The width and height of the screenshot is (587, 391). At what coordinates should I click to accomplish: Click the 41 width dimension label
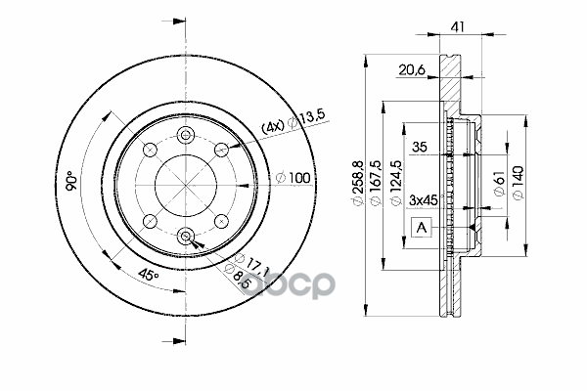pos(458,26)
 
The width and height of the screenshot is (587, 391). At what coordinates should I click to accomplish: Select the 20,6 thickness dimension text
pos(412,70)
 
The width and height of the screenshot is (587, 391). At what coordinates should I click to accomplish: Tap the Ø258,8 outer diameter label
pos(358,184)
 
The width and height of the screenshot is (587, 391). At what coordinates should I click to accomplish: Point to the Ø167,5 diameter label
pos(376,184)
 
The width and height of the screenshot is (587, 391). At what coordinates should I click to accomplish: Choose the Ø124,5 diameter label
pos(396,184)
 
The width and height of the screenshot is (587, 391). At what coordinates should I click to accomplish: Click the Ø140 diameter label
pos(518,184)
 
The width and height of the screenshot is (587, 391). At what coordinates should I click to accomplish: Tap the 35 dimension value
pos(420,147)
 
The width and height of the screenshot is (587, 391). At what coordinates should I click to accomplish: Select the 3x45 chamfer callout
pos(423,200)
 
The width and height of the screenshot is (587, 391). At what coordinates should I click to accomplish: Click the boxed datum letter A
pos(422,227)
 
